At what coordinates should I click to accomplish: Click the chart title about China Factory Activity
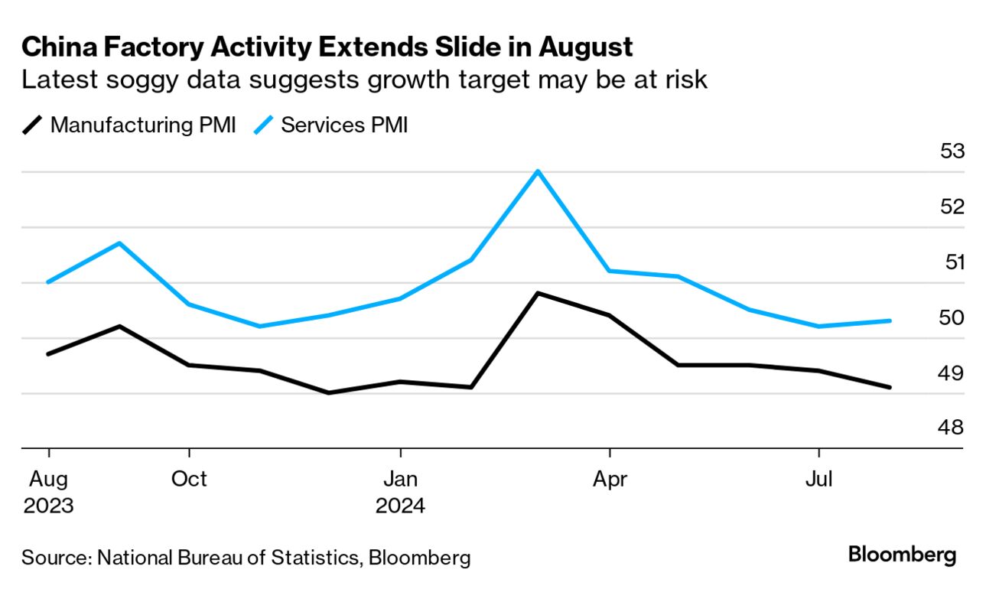coord(327,47)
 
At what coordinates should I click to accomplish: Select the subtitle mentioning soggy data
coord(364,80)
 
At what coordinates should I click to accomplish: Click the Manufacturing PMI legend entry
coord(129,125)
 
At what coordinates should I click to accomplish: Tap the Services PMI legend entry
coord(331,125)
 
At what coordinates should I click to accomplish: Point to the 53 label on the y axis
coord(952,151)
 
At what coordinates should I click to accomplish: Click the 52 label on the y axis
coord(952,207)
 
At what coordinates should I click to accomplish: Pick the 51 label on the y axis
coord(952,262)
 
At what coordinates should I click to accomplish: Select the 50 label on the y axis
coord(952,317)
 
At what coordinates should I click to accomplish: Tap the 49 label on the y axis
coord(952,373)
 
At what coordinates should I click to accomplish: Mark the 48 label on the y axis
coord(952,428)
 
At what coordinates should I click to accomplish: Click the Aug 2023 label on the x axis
coord(48,493)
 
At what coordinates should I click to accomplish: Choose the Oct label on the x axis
coord(189,480)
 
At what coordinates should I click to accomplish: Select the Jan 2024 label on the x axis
coord(400,493)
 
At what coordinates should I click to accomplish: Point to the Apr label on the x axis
coord(609,480)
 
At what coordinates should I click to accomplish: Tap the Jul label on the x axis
coord(819,480)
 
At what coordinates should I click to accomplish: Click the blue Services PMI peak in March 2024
coord(539,171)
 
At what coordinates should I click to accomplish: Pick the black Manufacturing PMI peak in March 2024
coord(539,293)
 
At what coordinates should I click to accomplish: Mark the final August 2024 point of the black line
coord(890,387)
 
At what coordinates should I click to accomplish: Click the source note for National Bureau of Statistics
coord(246,557)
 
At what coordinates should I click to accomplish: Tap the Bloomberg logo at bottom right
coord(902,554)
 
